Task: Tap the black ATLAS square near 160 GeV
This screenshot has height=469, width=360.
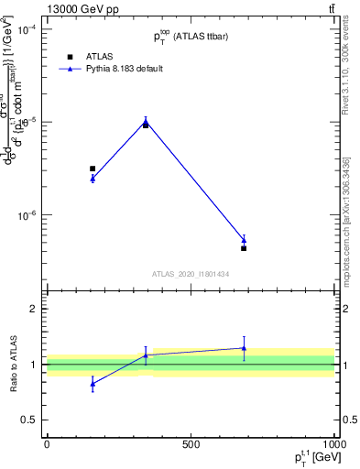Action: [93, 169]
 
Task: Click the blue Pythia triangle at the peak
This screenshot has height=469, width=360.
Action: [146, 120]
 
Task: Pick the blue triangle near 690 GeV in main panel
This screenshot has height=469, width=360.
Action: [244, 240]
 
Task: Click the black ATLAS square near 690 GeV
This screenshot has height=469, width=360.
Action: [244, 248]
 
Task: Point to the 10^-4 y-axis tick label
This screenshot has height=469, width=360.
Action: [26, 29]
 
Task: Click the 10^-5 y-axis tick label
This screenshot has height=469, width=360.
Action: [26, 123]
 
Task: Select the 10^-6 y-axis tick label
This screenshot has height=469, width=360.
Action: [26, 216]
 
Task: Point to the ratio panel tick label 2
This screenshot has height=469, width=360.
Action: [32, 310]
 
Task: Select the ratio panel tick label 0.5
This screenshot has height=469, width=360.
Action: [28, 420]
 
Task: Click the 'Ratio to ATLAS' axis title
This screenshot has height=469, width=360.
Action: [13, 365]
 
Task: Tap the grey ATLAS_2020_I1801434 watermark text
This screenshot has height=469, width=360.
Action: [191, 274]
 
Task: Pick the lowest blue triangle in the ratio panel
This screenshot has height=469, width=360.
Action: [93, 385]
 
